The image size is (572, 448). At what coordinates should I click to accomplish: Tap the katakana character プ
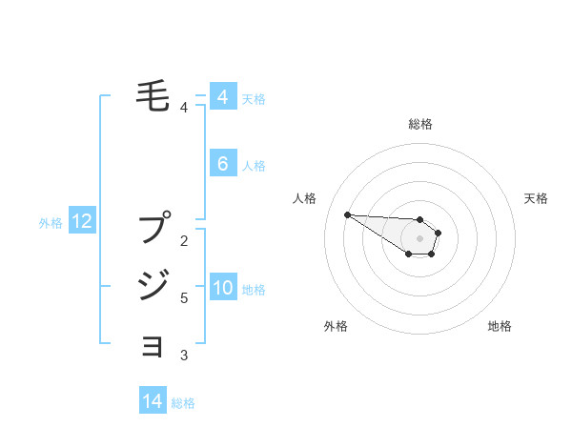pos(154,230)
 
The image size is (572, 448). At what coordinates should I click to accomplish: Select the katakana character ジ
pos(154,284)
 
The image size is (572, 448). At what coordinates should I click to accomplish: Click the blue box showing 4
pos(222,97)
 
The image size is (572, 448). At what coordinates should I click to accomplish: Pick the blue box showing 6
pos(222,163)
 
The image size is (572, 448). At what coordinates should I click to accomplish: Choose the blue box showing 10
pos(222,288)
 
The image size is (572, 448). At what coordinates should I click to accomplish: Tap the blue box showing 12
pos(81,221)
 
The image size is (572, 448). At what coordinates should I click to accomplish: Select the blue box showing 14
pos(153,401)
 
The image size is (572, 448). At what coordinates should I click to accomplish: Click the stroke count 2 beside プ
pos(184,240)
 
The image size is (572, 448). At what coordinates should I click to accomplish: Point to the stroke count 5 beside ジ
pos(184,298)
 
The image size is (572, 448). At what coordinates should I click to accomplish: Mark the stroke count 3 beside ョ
pos(184,356)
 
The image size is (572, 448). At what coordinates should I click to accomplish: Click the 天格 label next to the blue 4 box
pos(254,98)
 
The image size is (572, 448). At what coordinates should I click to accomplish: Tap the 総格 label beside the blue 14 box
pos(183,403)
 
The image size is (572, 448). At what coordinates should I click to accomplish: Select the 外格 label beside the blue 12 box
pos(51,223)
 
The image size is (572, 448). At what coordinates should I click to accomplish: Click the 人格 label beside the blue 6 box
pos(254,166)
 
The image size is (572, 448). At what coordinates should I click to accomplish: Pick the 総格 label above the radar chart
pos(419,124)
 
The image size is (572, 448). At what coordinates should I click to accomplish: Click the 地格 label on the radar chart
pos(500,326)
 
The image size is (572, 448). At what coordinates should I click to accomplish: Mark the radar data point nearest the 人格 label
pos(347,214)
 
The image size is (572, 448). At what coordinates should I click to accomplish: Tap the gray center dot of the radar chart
pos(419,238)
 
